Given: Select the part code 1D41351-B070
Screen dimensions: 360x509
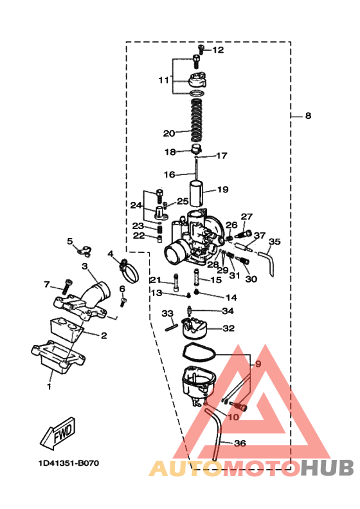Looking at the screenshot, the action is pyautogui.click(x=69, y=463).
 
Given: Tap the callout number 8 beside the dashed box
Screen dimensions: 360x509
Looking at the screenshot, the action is pyautogui.click(x=308, y=116).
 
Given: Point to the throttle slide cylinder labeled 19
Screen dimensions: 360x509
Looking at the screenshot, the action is pyautogui.click(x=197, y=194).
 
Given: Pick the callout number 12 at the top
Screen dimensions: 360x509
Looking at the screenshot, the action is pyautogui.click(x=218, y=50).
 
